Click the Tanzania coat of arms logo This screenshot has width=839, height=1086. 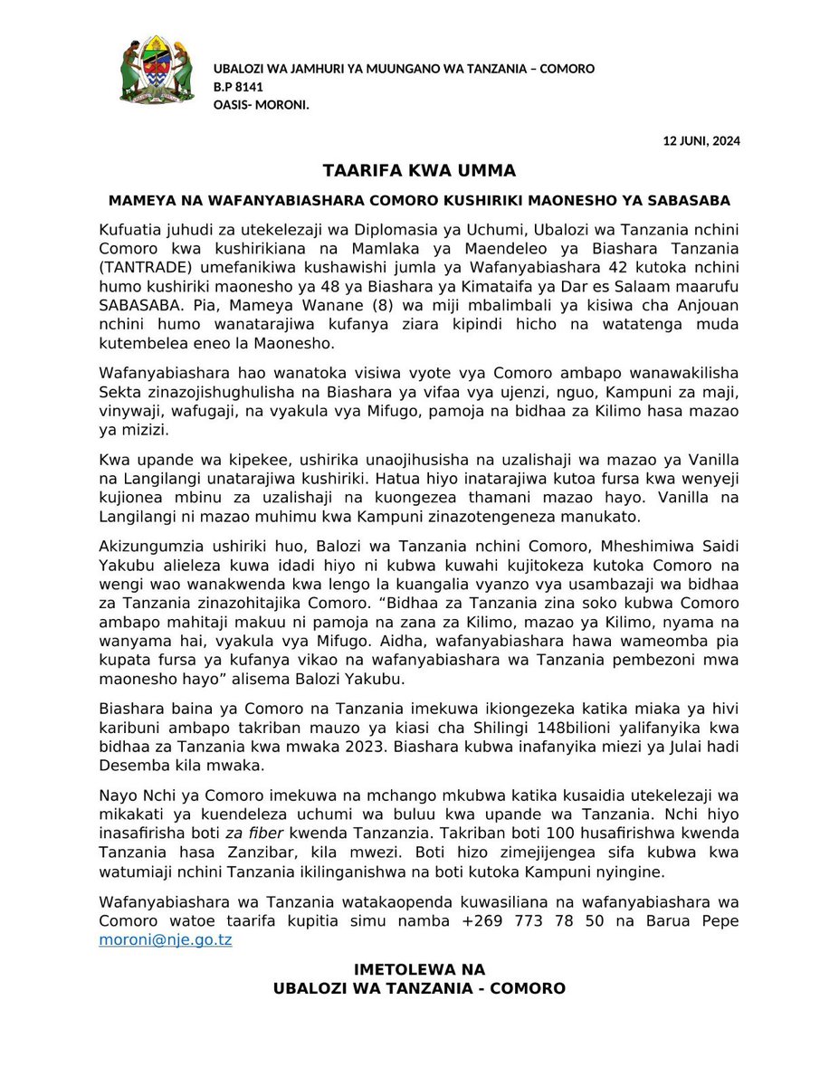pyautogui.click(x=157, y=70)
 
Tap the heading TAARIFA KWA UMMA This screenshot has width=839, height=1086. pyautogui.click(x=420, y=171)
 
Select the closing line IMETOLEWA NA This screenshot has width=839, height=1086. pyautogui.click(x=420, y=969)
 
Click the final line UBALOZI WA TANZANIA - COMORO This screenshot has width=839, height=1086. pyautogui.click(x=420, y=988)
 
